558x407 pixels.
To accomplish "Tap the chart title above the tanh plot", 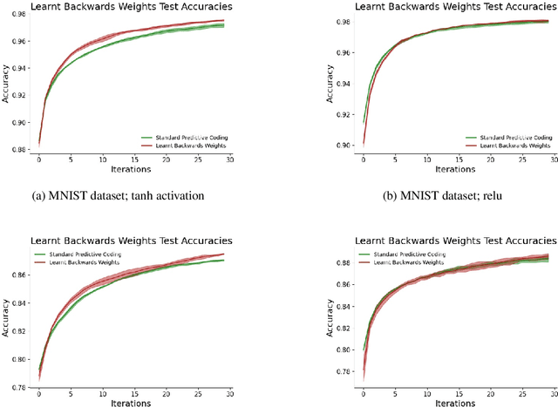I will click(x=131, y=6).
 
